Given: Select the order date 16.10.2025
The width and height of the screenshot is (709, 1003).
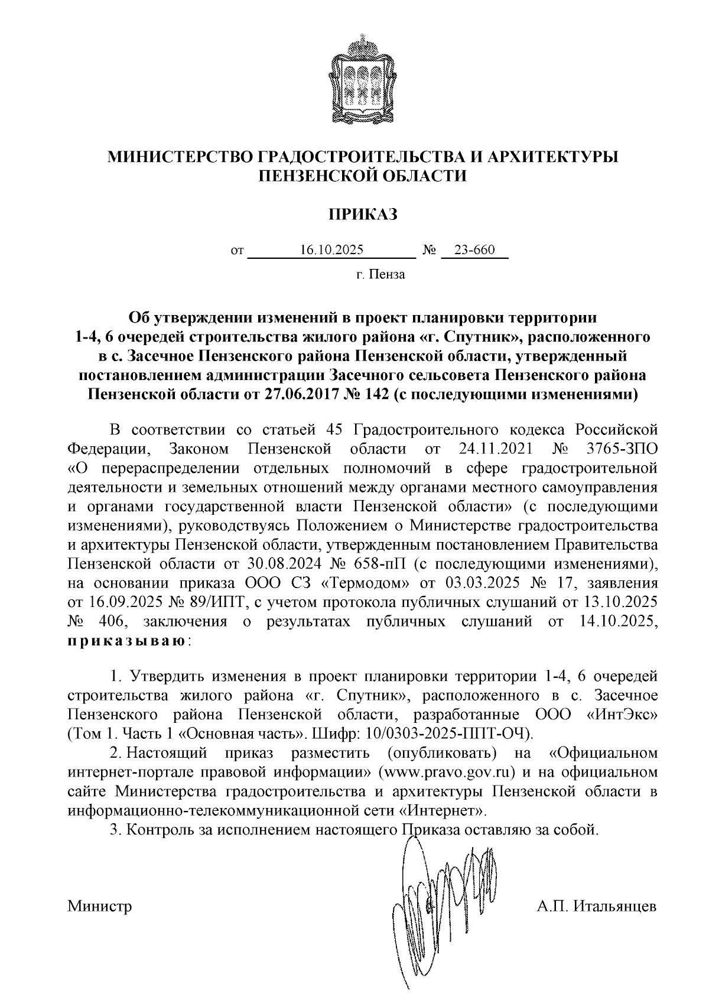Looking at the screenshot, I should tap(331, 250).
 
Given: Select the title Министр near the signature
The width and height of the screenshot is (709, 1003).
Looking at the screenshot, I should tap(99, 907).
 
